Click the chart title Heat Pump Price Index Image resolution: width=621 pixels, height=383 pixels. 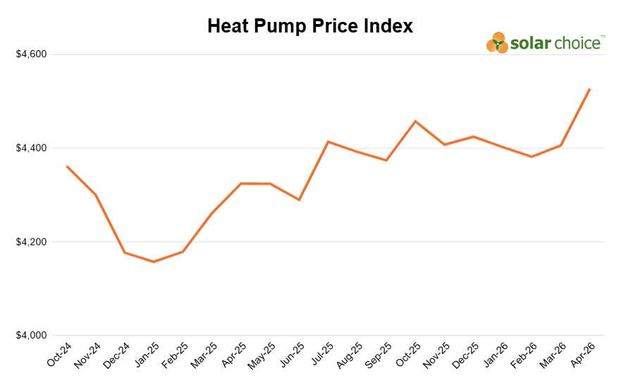pyautogui.click(x=310, y=26)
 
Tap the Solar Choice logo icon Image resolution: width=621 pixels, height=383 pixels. pyautogui.click(x=497, y=43)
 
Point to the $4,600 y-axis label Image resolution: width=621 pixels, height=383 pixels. pyautogui.click(x=31, y=55)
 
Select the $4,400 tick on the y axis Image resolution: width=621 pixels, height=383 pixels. pyautogui.click(x=31, y=149)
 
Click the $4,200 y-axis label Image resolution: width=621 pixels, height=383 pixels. pyautogui.click(x=31, y=243)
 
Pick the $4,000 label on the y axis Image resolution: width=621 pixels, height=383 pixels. pyautogui.click(x=31, y=336)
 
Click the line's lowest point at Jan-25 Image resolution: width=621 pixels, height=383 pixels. pyautogui.click(x=154, y=262)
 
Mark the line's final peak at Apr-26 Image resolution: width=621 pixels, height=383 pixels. pyautogui.click(x=589, y=89)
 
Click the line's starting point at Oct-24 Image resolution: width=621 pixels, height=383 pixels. pyautogui.click(x=67, y=166)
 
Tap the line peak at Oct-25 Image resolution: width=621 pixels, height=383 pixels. pyautogui.click(x=415, y=121)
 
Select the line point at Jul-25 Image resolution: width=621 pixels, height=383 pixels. pyautogui.click(x=328, y=142)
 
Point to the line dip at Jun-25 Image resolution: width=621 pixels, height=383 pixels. pyautogui.click(x=299, y=200)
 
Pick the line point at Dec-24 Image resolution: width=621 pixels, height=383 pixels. pyautogui.click(x=125, y=253)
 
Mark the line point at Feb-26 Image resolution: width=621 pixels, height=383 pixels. pyautogui.click(x=531, y=157)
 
